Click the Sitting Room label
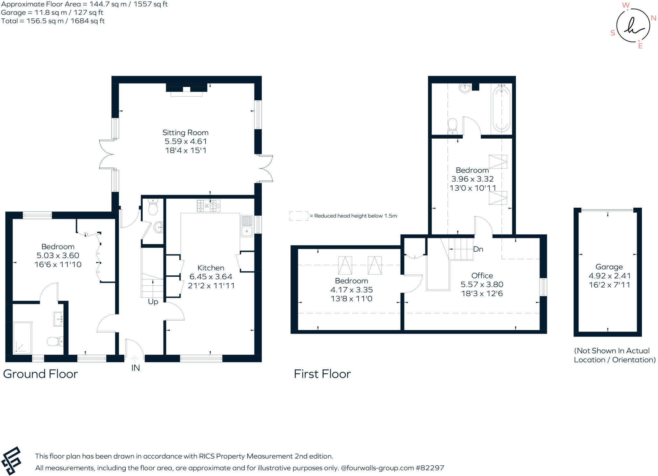pos(185,133)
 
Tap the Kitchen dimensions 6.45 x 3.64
pos(211,277)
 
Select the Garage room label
pos(609,267)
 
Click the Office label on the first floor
pos(482,275)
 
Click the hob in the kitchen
pos(209,205)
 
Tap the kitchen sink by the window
pos(247,226)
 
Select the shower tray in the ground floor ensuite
pos(22,338)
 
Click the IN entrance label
pos(136,368)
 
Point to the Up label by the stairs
pos(153,302)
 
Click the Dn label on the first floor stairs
pos(478,249)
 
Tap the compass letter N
pos(653,18)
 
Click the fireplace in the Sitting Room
pos(186,90)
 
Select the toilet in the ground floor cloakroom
pos(153,207)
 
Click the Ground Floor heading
pos(40,374)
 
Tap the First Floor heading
pos(322,374)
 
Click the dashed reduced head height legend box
pos(299,216)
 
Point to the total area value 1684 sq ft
pos(87,21)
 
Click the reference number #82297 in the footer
pos(430,468)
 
